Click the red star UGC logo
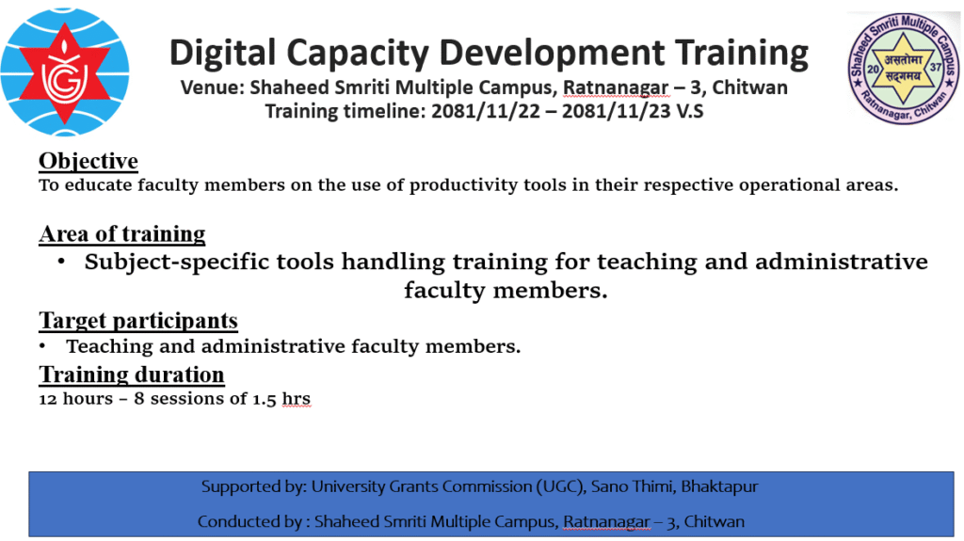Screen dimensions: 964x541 65,72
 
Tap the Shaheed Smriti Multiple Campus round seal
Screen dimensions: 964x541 903,69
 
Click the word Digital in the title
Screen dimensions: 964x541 222,53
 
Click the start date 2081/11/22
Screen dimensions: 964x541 486,111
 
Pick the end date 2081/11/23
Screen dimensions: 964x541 617,111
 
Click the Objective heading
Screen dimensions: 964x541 88,161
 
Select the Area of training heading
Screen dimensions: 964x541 122,233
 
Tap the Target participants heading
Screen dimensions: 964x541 138,320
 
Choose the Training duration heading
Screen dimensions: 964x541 132,374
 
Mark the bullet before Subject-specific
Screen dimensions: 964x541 61,262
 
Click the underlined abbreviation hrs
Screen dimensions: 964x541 297,399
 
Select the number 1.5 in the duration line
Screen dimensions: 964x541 265,399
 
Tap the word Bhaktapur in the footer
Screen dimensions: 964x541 719,487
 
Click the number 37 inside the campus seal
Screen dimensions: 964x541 935,67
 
